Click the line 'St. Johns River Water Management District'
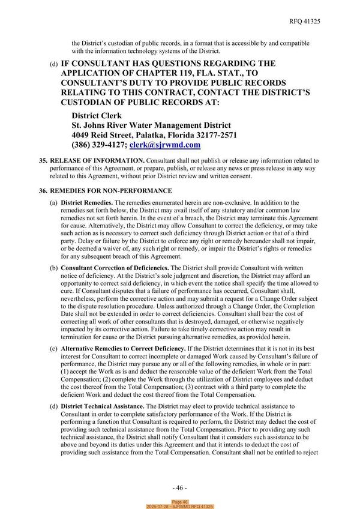click(157, 125)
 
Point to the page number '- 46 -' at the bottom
click(179, 487)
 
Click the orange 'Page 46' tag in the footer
click(180, 502)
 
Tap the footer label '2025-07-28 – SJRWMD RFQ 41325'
click(180, 507)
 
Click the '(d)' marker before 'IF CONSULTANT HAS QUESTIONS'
click(54, 64)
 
